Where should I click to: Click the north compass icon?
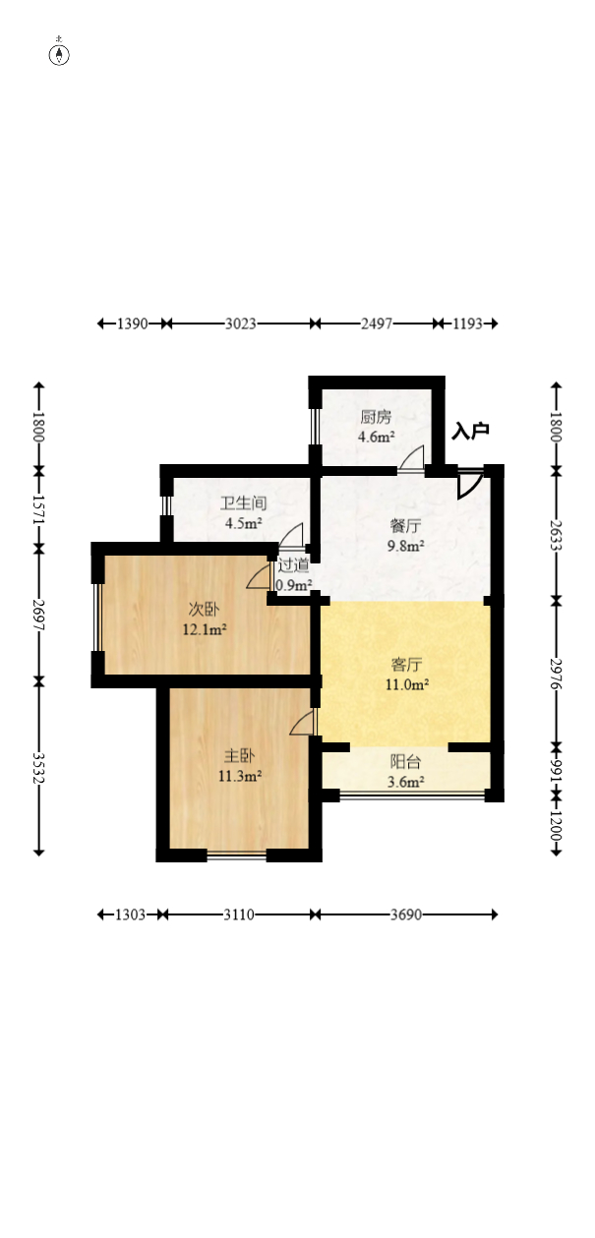coord(59,55)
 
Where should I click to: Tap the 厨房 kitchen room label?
coord(376,417)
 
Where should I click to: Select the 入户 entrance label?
coord(470,431)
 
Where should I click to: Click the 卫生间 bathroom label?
coord(243,503)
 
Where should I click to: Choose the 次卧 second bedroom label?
coord(204,610)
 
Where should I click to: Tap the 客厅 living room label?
coord(407,665)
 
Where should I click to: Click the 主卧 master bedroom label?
coord(239,755)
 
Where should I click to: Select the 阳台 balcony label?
coord(406,762)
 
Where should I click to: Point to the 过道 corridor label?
coord(293,565)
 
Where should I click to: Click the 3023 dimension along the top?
coord(241,324)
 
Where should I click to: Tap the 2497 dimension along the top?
coord(377,324)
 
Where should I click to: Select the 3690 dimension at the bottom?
coord(406,914)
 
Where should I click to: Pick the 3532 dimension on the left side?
coord(38,768)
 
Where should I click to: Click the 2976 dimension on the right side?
coord(557,674)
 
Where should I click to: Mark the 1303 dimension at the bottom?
coord(130,914)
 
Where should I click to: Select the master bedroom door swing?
coord(301,723)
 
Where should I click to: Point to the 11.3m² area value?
coord(240,777)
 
